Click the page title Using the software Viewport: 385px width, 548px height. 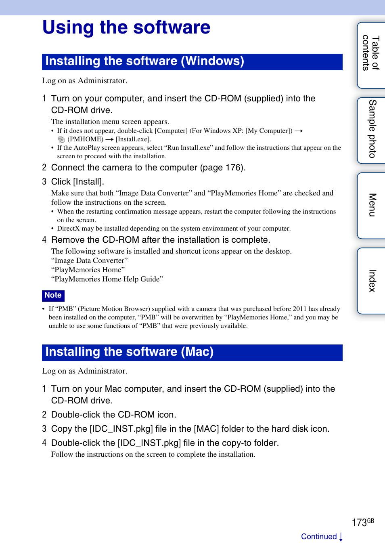point(126,28)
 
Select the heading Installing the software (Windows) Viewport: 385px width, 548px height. point(144,61)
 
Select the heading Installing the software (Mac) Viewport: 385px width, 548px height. point(129,352)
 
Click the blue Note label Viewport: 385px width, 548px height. point(53,295)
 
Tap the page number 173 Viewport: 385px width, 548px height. point(359,523)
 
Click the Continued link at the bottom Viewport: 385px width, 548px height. point(319,537)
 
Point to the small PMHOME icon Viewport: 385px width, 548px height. point(61,139)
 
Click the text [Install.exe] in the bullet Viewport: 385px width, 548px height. point(133,139)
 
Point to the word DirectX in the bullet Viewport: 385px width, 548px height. point(69,229)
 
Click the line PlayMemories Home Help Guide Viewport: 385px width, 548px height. point(107,279)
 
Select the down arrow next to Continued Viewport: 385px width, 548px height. point(341,537)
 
